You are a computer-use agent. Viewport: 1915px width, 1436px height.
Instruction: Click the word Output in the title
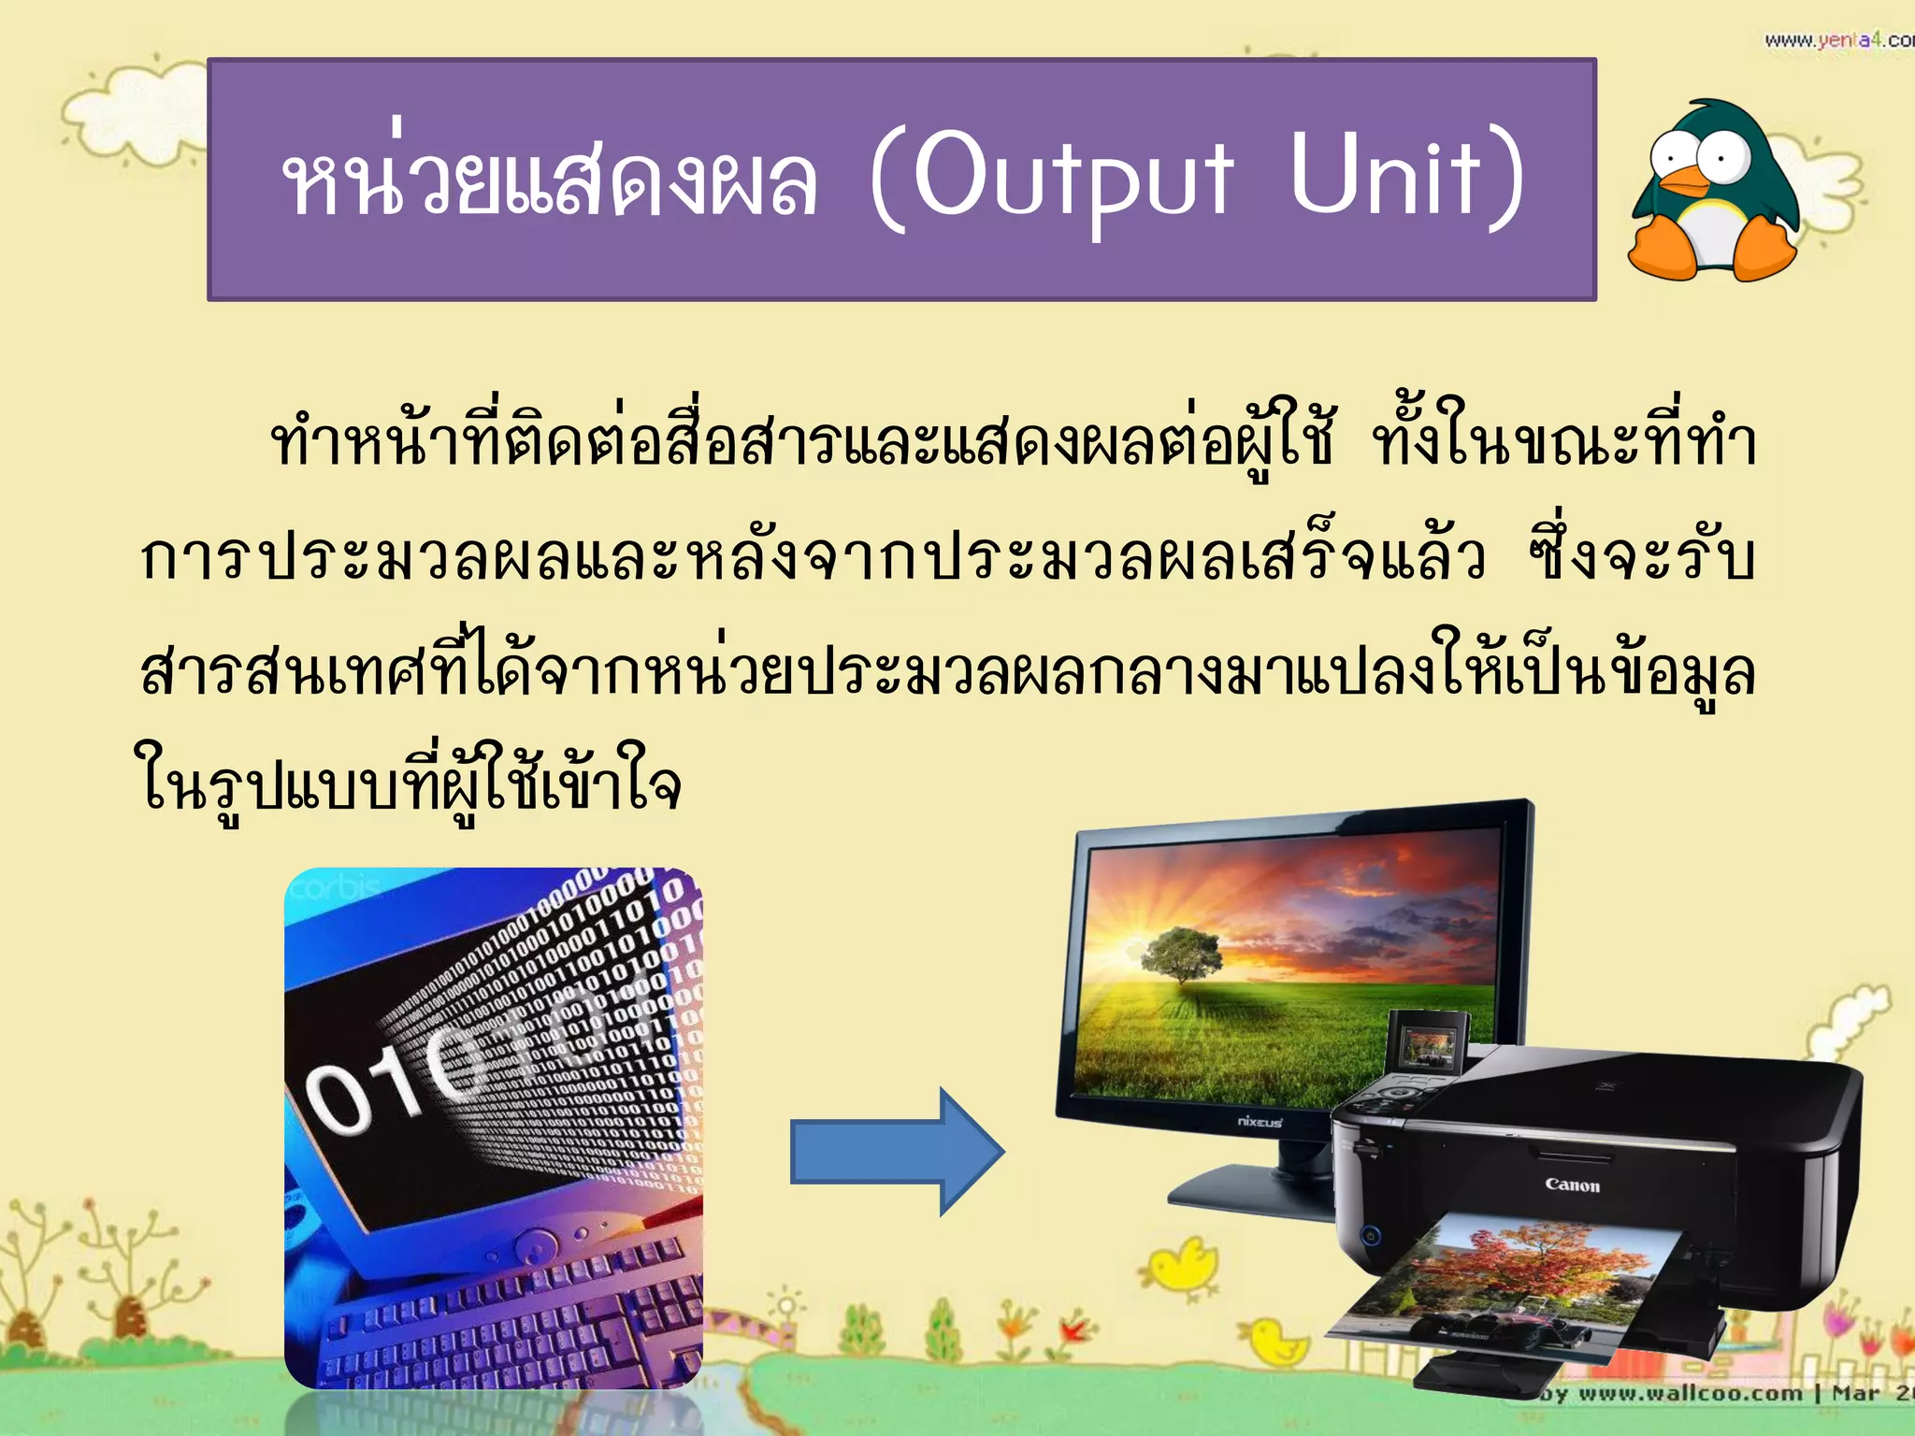pos(1073,178)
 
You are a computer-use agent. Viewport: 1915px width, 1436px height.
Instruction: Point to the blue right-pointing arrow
pos(896,1152)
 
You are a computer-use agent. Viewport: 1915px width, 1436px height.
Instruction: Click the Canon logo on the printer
pos(1572,1185)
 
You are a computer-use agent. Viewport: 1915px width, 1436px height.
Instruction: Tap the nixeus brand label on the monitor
pos(1260,1121)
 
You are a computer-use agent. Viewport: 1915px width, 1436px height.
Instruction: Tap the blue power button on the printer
pos(1370,1236)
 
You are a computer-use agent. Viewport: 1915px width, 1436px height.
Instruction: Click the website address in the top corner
pos(1837,40)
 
